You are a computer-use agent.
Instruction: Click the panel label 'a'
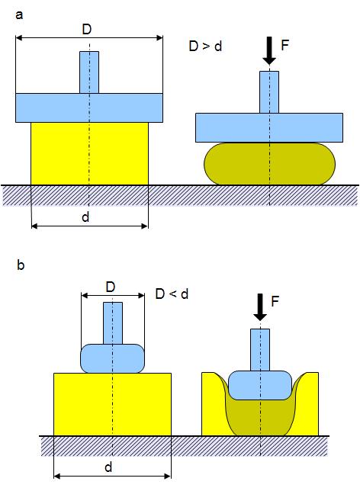19,15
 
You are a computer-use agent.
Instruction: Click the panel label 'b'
21,265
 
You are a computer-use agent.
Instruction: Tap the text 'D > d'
205,46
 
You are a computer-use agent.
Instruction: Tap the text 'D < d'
172,294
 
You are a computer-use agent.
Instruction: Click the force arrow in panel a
269,51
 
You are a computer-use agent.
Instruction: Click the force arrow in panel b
260,306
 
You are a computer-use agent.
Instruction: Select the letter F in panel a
284,45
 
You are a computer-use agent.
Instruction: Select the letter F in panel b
275,301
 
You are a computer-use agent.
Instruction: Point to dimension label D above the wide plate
86,30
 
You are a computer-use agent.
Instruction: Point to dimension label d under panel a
85,217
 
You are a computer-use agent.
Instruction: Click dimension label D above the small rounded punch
111,287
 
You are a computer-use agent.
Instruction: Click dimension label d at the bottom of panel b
108,467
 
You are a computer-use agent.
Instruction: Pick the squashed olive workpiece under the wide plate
269,163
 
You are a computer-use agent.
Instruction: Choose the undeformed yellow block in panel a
89,153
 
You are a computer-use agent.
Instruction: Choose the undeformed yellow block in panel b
112,404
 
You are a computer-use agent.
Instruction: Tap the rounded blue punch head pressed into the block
260,385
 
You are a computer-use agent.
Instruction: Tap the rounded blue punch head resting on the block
112,358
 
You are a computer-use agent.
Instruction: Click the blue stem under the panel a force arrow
269,92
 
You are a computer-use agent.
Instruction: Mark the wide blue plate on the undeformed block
89,108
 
